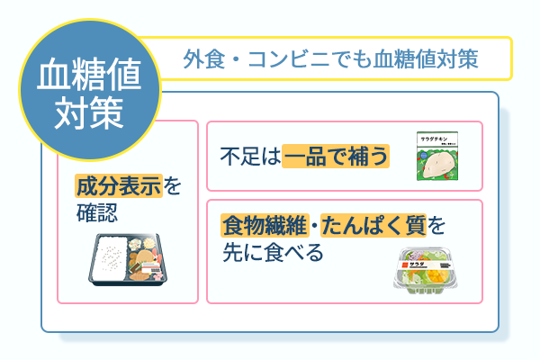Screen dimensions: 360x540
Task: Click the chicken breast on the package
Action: [441, 165]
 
